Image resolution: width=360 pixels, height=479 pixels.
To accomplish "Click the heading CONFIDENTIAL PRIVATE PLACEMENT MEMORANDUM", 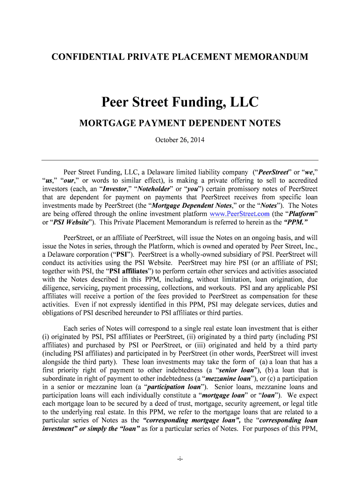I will pos(180,57).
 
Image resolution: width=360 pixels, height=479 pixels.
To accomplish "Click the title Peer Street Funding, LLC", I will pos(180,102).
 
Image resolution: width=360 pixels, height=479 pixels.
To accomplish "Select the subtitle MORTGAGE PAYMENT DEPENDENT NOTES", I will pos(180,123).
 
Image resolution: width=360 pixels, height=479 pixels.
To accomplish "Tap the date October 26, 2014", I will pos(180,140).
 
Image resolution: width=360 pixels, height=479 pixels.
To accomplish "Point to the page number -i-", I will pos(180,459).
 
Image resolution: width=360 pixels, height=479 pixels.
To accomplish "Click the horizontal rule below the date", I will pos(180,160).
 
